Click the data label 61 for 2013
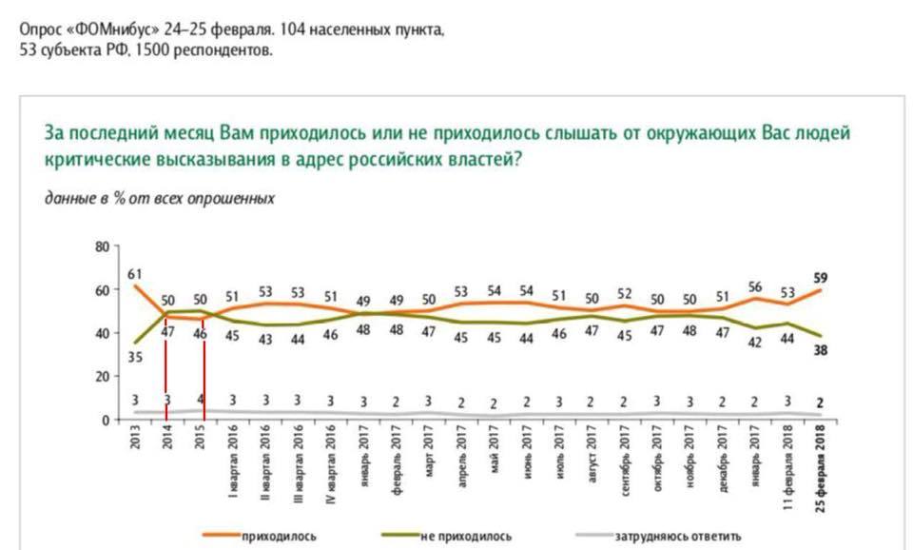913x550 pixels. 135,274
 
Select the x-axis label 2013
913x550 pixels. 135,442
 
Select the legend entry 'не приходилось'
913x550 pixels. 466,536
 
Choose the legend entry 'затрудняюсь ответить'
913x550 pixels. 681,536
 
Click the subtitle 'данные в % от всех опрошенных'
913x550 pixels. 160,199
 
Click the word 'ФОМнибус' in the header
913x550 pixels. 101,29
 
